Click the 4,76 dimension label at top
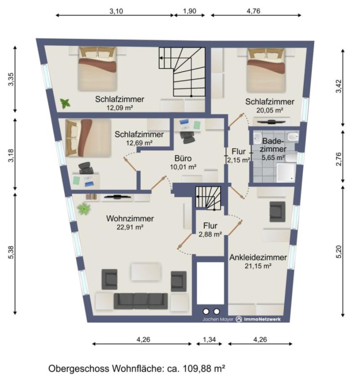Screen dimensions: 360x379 (253, 11)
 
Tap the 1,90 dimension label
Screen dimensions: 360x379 (189, 11)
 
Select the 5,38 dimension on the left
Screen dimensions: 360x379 (11, 252)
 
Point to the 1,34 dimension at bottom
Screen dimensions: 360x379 (209, 339)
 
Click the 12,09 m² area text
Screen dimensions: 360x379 (120, 107)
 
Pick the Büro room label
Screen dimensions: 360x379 (183, 158)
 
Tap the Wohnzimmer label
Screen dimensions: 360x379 (130, 219)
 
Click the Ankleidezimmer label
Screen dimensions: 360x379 (258, 257)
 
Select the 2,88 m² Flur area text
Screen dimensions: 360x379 (210, 234)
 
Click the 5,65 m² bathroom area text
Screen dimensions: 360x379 (273, 157)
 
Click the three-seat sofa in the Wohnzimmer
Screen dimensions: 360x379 (141, 301)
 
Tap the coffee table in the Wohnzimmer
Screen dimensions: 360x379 (146, 272)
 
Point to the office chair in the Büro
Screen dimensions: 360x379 (188, 137)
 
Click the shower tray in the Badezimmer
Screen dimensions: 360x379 (286, 172)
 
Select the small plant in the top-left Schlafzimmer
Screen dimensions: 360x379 (65, 104)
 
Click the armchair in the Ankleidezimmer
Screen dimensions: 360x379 (277, 212)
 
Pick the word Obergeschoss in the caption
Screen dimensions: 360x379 (78, 369)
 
